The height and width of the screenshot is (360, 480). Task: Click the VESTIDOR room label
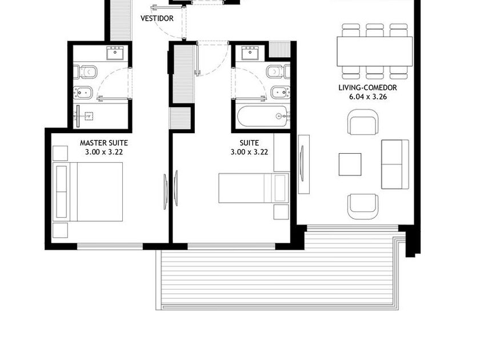pos(157,18)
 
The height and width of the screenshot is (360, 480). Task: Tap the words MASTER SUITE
pos(104,143)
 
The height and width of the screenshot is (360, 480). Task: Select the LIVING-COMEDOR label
pos(367,87)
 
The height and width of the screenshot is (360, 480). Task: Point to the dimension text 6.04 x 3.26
pos(368,97)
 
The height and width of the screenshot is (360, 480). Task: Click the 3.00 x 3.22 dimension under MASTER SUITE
pos(104,152)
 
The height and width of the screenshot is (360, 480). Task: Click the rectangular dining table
pos(375,51)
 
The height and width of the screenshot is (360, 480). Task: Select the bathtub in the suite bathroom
pos(263,116)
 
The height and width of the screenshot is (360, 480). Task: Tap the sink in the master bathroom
pos(115,53)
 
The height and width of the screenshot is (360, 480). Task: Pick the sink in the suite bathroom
pos(250,53)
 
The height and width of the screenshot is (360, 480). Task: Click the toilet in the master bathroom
pos(85,72)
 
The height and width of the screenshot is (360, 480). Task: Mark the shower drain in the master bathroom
pos(89,116)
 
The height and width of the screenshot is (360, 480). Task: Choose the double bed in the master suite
pos(88,191)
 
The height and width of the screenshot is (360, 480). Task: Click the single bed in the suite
pos(254,188)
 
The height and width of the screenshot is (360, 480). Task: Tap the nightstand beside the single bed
pos(281,212)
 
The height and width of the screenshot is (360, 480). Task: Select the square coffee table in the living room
pos(350,165)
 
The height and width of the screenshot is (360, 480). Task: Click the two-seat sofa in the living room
pos(395,165)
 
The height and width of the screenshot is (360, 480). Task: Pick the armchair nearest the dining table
pos(363,122)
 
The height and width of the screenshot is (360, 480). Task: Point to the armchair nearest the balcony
pos(363,207)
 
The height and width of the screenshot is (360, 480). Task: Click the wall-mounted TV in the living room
pos(303,164)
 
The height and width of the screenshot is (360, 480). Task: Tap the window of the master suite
pos(110,246)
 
